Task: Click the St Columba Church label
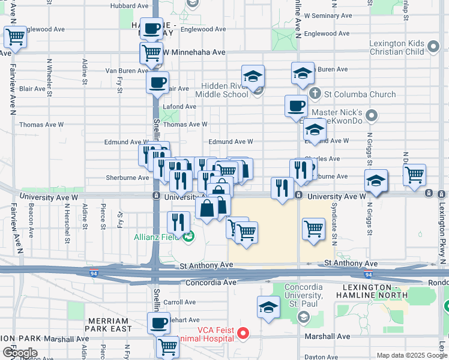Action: (360, 94)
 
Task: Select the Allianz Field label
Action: (157, 236)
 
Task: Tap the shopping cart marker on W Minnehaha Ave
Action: (151, 53)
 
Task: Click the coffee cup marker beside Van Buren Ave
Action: (158, 83)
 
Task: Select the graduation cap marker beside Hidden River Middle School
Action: (253, 76)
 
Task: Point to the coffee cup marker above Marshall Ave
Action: (159, 323)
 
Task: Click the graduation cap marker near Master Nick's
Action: (314, 129)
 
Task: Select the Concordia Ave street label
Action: (209, 282)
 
